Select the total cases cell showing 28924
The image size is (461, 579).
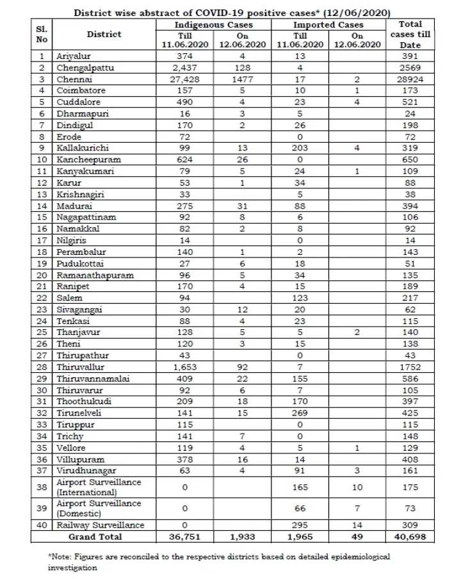tap(410, 80)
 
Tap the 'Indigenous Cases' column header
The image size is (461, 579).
tap(213, 24)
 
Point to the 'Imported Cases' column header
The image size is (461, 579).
tap(328, 24)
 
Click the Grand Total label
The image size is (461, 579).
tap(95, 536)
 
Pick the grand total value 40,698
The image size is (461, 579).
tap(410, 536)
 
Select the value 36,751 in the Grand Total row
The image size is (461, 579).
tap(184, 536)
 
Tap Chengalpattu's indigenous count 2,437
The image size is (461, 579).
tap(184, 67)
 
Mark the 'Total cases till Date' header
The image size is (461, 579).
tap(410, 35)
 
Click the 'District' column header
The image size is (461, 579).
tap(104, 35)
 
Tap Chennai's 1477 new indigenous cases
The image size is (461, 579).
tap(242, 80)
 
